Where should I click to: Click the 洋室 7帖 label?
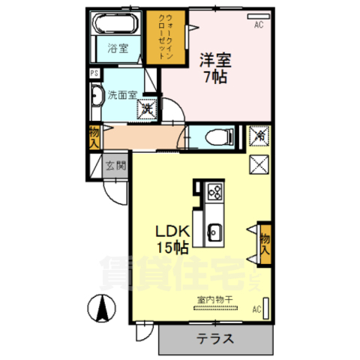(x=214, y=65)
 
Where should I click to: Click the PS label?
(x=94, y=73)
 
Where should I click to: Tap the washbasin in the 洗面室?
(x=97, y=96)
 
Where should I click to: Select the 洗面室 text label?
(x=121, y=95)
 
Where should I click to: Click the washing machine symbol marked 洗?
(x=147, y=109)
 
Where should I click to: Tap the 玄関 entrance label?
(x=115, y=166)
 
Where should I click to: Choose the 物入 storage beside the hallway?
(x=94, y=137)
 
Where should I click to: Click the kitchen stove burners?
(x=214, y=192)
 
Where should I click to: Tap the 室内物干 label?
(x=215, y=300)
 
